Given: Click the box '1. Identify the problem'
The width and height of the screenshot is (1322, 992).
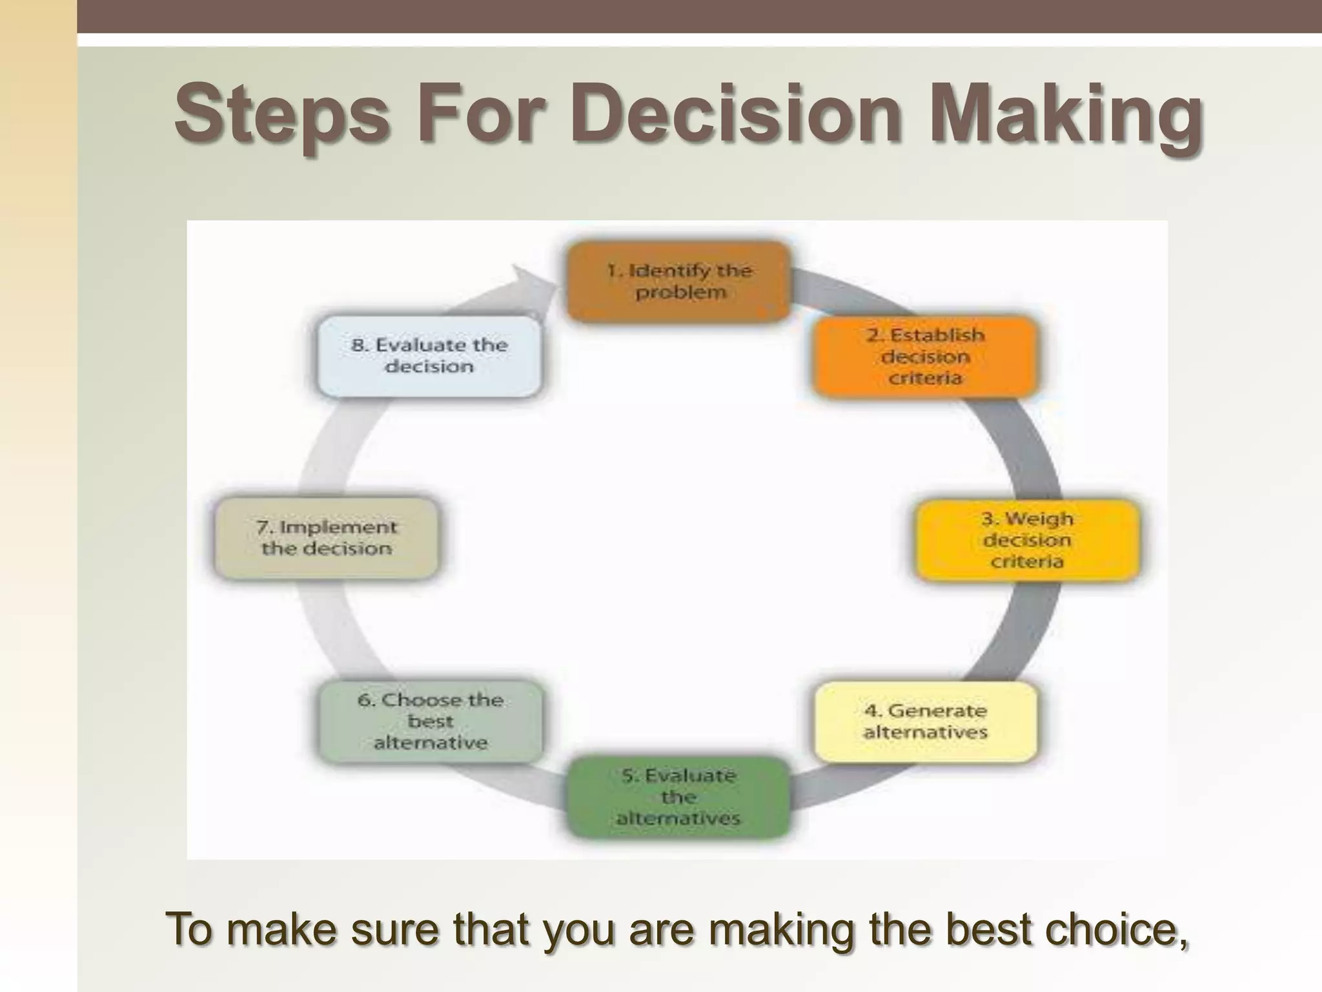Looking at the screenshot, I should (678, 282).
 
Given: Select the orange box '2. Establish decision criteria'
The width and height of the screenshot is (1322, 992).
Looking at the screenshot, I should (925, 356).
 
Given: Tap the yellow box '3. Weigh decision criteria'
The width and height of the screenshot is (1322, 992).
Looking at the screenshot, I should (1027, 540).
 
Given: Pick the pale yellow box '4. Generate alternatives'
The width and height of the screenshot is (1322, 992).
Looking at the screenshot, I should (925, 721).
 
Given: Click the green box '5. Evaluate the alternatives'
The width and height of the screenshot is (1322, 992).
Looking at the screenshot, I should (678, 797).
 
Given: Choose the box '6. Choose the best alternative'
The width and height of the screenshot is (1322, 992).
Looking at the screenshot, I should (431, 721).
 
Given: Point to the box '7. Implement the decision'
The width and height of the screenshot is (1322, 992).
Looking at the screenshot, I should (327, 538).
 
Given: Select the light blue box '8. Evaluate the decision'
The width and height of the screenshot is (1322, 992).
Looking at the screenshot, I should (429, 356).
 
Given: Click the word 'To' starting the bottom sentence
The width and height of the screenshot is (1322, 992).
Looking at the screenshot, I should (190, 929).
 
